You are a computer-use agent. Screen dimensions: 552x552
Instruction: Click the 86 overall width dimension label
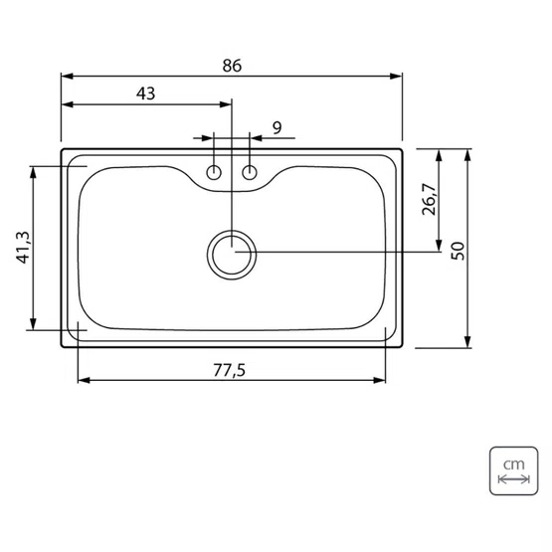[x=232, y=66]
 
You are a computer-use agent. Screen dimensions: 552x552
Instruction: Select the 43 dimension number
[x=146, y=93]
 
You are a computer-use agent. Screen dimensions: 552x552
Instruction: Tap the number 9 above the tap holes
[x=277, y=127]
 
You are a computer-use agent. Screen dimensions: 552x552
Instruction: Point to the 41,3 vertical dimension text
[x=24, y=247]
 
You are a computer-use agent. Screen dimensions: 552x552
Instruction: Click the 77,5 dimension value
[x=229, y=370]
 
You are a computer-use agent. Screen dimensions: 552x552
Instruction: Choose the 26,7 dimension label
[x=429, y=199]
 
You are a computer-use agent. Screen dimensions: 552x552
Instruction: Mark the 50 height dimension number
[x=458, y=251]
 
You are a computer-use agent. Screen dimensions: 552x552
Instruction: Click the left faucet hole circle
[x=214, y=172]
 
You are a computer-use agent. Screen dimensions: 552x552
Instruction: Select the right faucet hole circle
[x=250, y=172]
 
